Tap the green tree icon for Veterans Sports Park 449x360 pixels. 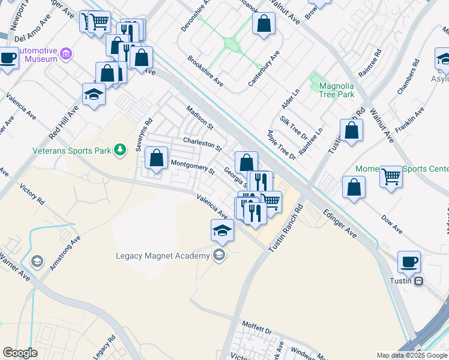click(x=121, y=149)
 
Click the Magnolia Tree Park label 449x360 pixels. click(x=333, y=90)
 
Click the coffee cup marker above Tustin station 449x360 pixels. click(x=409, y=262)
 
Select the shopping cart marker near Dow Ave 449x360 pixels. click(x=391, y=177)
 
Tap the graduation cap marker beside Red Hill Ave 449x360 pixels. click(x=94, y=94)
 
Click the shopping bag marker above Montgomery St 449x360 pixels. click(x=157, y=158)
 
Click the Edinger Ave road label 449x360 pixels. click(x=340, y=223)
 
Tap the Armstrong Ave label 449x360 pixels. click(x=65, y=252)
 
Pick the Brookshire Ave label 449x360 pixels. click(x=205, y=71)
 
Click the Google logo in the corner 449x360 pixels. click(x=20, y=353)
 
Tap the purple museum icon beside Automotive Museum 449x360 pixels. click(x=66, y=55)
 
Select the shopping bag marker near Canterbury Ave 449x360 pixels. click(x=264, y=24)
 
